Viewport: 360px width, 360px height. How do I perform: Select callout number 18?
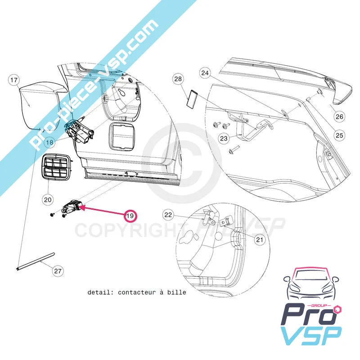tap(49, 142)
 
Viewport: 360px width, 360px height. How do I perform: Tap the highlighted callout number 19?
tap(130, 216)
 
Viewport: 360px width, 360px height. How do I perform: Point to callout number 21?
tap(259, 240)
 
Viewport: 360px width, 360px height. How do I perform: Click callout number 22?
tap(168, 215)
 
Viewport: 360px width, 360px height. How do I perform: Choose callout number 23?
tap(224, 139)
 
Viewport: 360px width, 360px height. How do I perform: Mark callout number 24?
tap(205, 73)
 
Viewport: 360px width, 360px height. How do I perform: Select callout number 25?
tap(339, 135)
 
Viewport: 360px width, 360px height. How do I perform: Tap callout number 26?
tap(339, 117)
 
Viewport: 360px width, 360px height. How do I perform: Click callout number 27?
tap(58, 271)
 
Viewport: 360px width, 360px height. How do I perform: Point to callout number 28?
tap(179, 80)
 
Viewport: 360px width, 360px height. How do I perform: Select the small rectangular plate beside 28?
tap(193, 98)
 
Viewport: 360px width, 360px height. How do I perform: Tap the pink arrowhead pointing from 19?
tap(84, 207)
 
